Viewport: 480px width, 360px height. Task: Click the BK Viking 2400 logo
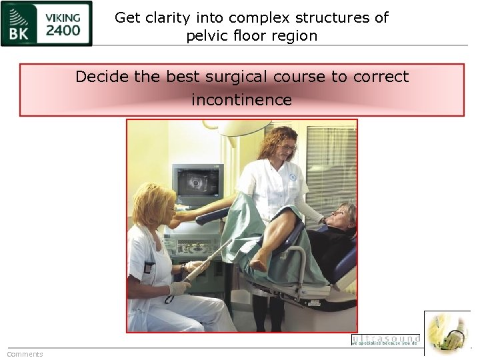point(47,23)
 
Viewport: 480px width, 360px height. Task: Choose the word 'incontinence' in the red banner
point(241,100)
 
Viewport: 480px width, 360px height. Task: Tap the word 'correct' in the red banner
point(381,77)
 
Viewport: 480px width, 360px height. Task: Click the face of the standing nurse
point(286,143)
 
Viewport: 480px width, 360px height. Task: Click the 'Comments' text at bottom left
point(25,354)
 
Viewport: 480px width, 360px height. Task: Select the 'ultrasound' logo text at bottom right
point(385,339)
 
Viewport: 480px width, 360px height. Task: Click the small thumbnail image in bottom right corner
point(447,333)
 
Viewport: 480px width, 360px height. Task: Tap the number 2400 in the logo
point(63,30)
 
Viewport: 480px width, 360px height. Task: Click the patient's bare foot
point(260,263)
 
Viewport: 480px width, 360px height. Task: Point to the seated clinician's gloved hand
point(179,288)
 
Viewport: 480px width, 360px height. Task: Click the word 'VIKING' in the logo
point(63,16)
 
